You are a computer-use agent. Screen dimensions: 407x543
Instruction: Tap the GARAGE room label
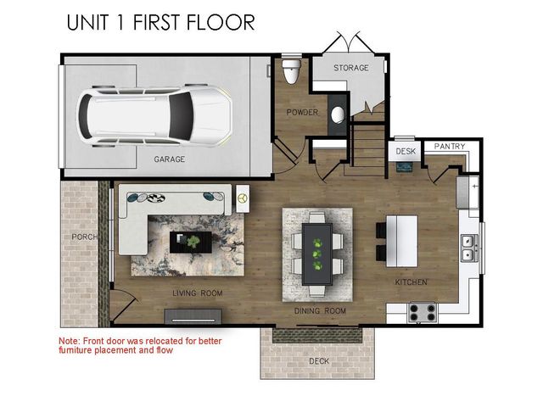(x=170, y=159)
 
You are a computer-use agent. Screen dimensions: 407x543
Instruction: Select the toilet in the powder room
(x=293, y=70)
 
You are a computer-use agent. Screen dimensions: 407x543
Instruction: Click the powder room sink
(x=337, y=114)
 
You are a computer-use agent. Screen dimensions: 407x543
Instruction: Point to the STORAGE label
(x=351, y=68)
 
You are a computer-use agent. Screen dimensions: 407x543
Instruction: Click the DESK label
(x=406, y=152)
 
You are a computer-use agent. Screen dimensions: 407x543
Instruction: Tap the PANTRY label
(x=449, y=147)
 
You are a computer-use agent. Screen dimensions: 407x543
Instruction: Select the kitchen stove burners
(x=422, y=312)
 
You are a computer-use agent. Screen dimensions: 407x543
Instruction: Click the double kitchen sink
(x=466, y=247)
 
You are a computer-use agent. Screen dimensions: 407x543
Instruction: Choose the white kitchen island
(x=402, y=238)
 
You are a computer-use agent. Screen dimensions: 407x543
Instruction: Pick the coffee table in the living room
(x=191, y=242)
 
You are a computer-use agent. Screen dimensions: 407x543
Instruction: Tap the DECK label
(x=319, y=360)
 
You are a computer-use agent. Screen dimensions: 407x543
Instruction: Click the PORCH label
(x=82, y=237)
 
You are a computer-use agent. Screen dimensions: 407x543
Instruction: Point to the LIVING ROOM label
(x=198, y=293)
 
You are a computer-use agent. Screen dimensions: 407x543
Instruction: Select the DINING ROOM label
(x=321, y=311)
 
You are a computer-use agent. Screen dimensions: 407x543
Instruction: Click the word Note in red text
(x=69, y=340)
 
